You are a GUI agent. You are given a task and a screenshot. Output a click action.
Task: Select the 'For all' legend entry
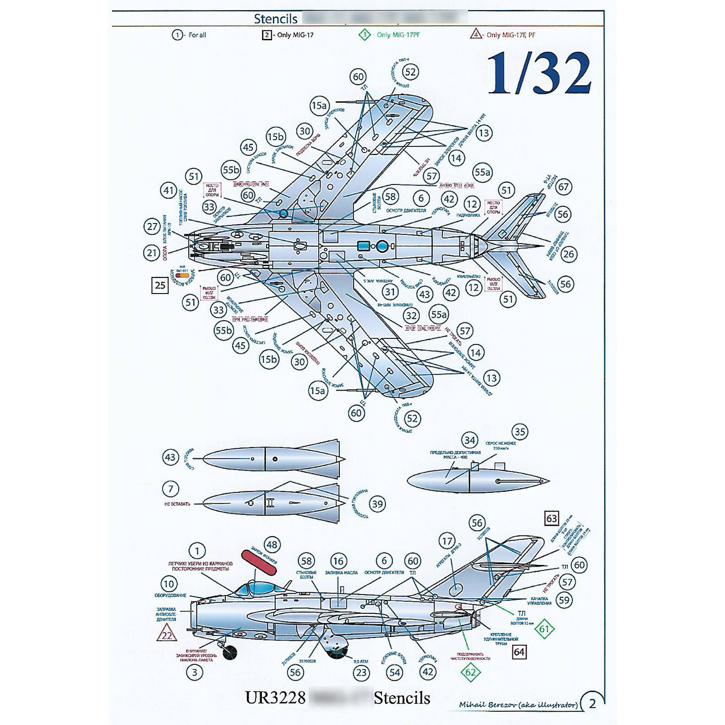(x=190, y=35)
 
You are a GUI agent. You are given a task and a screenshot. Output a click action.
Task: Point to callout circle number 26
(x=568, y=254)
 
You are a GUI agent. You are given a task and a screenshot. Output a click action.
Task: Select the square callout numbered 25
(x=160, y=285)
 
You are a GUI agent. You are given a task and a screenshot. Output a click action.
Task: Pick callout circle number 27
(x=152, y=226)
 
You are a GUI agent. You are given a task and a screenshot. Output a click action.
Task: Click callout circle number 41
(x=169, y=191)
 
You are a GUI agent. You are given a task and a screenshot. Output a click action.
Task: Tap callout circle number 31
(x=390, y=292)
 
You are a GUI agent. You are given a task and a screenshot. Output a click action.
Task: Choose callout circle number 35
(x=519, y=432)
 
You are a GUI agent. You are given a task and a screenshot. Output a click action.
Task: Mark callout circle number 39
(x=377, y=504)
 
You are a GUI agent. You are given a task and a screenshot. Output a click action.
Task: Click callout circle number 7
(x=171, y=489)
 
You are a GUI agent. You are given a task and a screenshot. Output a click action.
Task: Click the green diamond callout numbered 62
(x=470, y=673)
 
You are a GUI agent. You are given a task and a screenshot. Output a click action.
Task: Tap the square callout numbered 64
(x=519, y=652)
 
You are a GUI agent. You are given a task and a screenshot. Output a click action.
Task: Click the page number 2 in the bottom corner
(x=592, y=703)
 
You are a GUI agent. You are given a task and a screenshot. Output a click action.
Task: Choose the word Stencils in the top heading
(x=276, y=19)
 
